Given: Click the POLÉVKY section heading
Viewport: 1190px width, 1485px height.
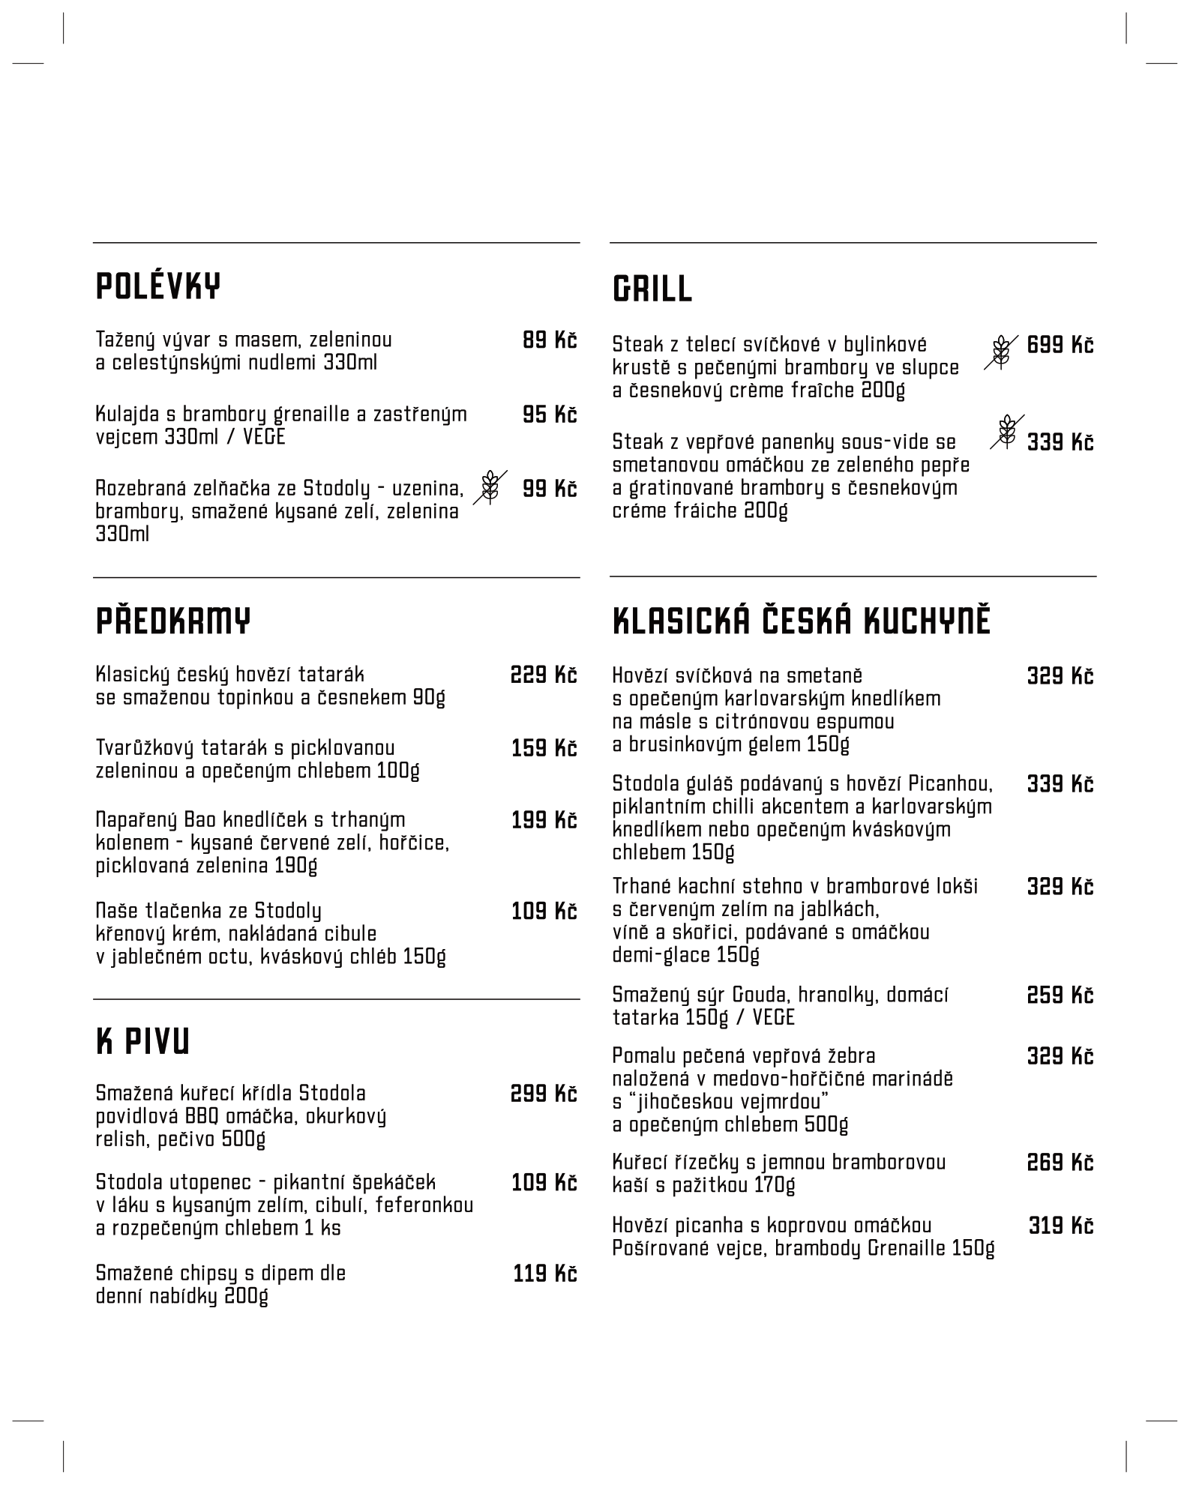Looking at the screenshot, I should pos(158,286).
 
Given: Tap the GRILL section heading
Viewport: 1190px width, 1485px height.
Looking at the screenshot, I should pos(652,289).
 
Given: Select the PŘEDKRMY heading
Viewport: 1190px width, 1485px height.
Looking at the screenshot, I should pos(173,621).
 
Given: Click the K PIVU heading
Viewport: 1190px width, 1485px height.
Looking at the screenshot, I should pos(142,1042).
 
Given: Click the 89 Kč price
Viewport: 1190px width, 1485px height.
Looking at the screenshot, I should pos(549,340).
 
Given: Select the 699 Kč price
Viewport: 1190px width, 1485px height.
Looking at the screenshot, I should pos(1060,345).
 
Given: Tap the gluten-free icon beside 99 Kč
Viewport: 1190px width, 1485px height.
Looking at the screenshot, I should pos(490,487).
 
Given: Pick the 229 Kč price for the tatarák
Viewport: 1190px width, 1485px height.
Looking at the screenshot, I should pos(544,675).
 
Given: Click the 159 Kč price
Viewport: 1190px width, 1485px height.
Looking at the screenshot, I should pos(544,748).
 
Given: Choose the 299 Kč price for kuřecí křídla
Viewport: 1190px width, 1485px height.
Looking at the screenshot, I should pos(544,1094).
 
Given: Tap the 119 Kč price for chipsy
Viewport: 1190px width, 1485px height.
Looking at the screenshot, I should pos(544,1274).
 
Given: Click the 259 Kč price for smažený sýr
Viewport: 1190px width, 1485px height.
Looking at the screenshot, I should pos(1060,995).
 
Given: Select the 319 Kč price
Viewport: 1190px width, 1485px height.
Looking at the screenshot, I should pos(1060,1226).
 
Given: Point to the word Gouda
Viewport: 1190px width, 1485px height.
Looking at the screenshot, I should pos(759,995).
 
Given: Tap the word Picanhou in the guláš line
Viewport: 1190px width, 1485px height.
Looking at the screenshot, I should pos(950,784).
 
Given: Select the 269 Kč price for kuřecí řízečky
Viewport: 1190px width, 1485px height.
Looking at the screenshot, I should pos(1060,1163).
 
